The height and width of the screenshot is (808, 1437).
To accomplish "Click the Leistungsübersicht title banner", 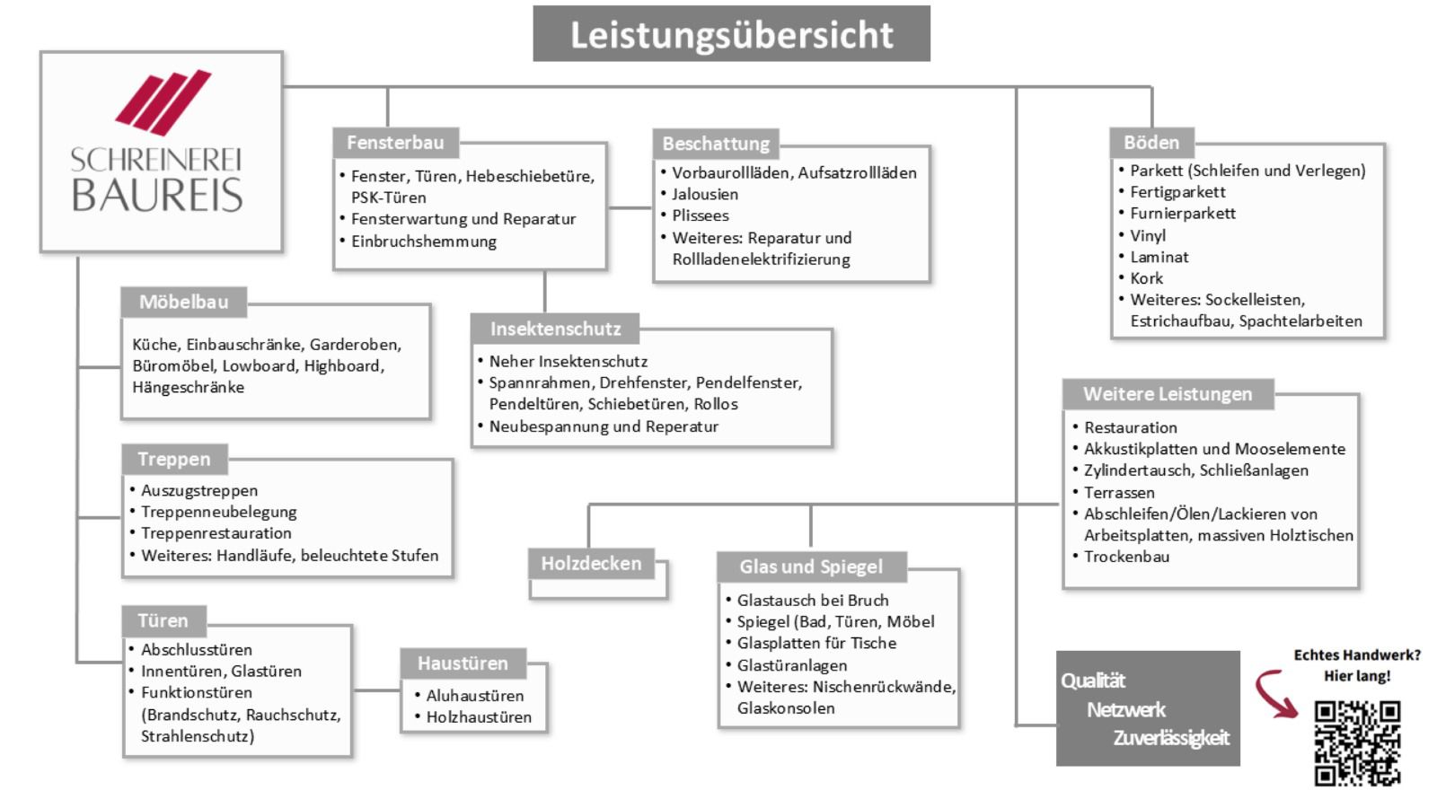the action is [731, 34].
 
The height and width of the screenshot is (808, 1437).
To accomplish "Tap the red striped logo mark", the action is [163, 102].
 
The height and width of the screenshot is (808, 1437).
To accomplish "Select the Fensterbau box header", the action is [396, 143].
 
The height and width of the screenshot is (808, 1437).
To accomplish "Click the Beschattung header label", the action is [716, 144].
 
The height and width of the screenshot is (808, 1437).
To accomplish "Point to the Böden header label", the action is [1151, 143].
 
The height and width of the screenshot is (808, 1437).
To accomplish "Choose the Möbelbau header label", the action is [184, 302].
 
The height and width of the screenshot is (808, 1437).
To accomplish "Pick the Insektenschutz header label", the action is [556, 329].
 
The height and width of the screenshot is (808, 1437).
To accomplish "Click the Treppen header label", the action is [174, 459].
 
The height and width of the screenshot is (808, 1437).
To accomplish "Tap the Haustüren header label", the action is [463, 663].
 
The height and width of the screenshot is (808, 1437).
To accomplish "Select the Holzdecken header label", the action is [592, 564].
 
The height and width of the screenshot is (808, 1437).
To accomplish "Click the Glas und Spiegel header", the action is [812, 566].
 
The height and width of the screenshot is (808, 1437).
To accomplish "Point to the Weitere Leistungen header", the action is [1168, 394].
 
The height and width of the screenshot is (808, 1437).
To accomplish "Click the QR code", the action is [1357, 742].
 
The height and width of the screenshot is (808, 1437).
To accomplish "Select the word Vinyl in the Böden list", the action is [1148, 235].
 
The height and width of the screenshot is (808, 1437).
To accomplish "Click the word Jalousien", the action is [705, 194].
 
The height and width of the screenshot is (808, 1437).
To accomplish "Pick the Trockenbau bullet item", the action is [1126, 557].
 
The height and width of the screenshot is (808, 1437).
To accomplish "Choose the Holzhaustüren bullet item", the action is [479, 717].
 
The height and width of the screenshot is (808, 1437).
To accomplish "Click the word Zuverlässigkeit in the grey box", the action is [1171, 737].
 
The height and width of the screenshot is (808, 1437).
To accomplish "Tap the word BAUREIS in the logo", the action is [157, 195].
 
